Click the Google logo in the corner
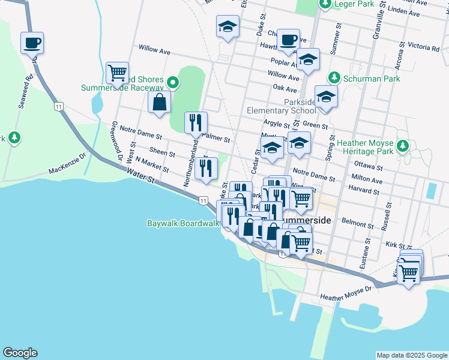click(20, 353)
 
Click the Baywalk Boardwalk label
click(182, 223)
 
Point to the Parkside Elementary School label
click(281, 106)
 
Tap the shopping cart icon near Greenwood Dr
click(117, 73)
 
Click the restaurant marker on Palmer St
click(196, 123)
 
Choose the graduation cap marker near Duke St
click(228, 26)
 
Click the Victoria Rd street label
click(423, 47)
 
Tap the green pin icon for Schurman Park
click(334, 77)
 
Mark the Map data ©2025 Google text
click(411, 355)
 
